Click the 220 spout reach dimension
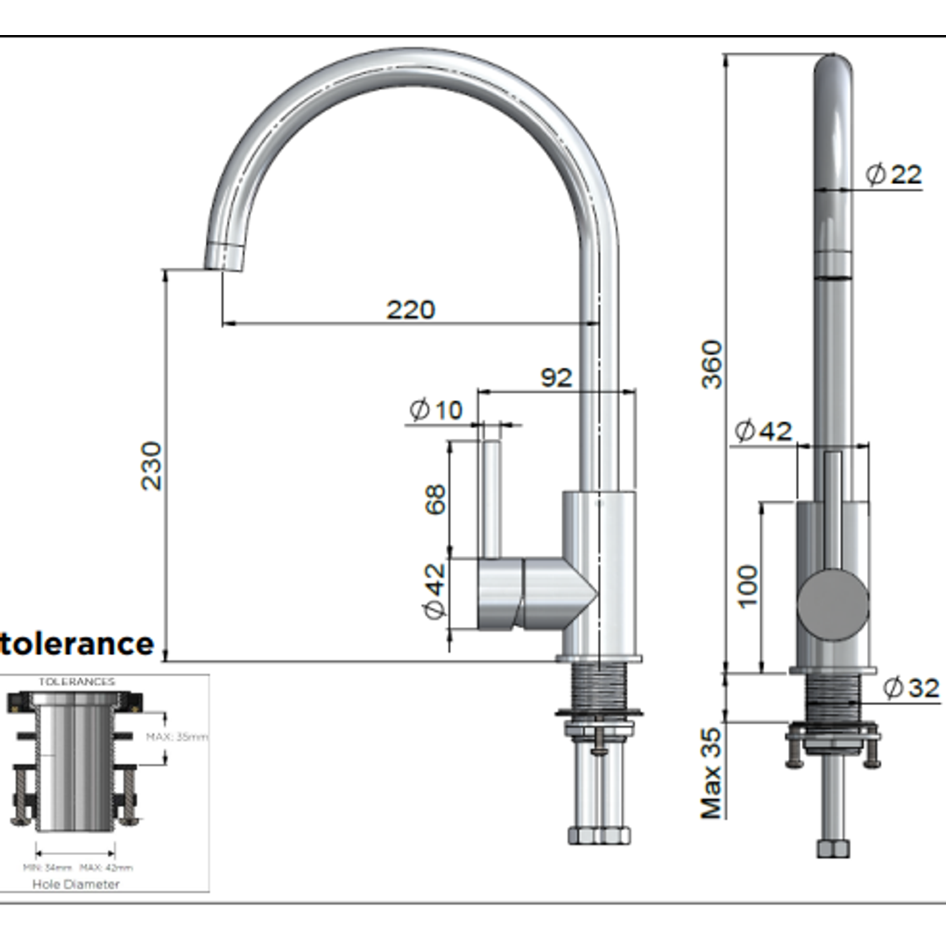pos(410,309)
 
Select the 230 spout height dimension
pos(152,465)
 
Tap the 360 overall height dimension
pos(711,364)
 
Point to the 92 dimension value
pos(555,378)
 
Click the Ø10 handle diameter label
pos(435,409)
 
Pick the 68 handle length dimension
pos(435,498)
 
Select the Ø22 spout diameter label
pos(893,174)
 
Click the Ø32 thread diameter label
pos(911,688)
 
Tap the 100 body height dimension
pos(746,586)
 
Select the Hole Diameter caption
pos(76,884)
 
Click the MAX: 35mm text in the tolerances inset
pos(177,737)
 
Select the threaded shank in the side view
pos(599,687)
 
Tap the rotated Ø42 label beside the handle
pos(435,591)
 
